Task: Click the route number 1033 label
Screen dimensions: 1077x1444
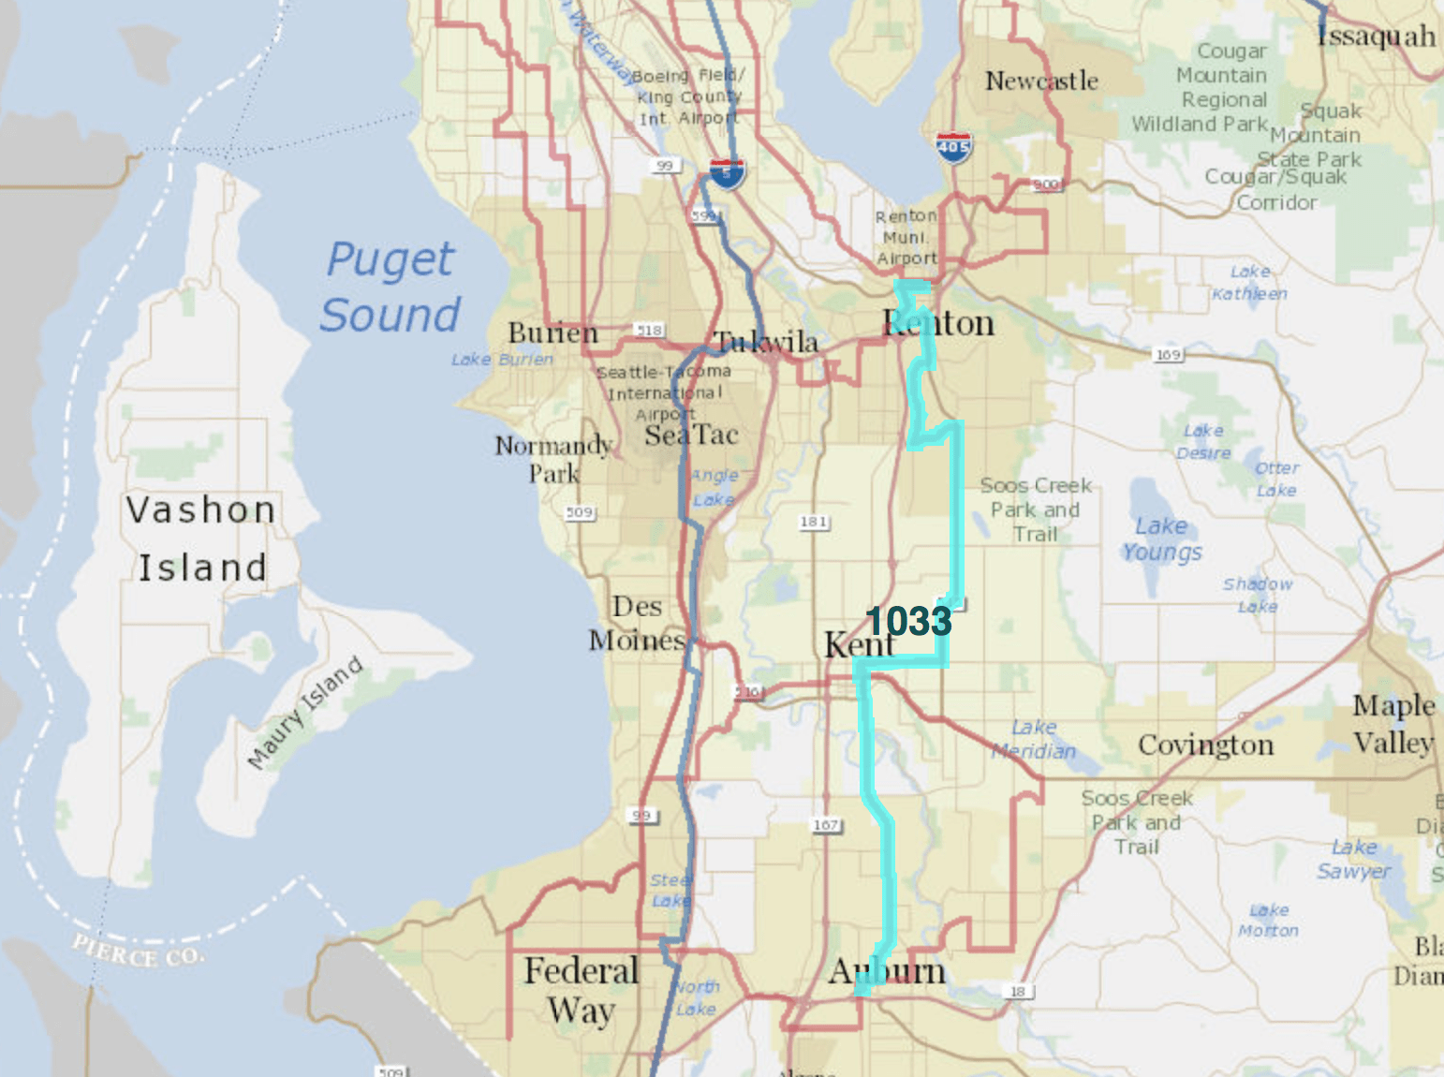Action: click(908, 621)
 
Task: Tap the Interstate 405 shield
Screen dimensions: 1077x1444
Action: click(953, 147)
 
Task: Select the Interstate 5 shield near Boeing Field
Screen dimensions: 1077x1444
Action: click(726, 172)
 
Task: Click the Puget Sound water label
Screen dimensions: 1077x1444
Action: click(390, 287)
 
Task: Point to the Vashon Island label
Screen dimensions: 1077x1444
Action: click(201, 538)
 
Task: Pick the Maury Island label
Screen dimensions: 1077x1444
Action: click(305, 713)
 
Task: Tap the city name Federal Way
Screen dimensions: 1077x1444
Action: click(581, 990)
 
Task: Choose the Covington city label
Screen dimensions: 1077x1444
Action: click(1205, 745)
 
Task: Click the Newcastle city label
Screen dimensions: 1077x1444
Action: click(1041, 81)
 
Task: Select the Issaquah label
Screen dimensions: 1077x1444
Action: click(1376, 37)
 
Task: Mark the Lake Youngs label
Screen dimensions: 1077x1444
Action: click(1161, 539)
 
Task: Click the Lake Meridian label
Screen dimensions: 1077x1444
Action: click(1034, 739)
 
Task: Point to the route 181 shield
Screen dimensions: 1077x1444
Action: click(814, 522)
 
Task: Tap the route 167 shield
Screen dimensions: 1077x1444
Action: click(826, 825)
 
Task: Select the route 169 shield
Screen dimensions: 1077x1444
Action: click(1168, 354)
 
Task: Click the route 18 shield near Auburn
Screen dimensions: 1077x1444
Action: click(1018, 991)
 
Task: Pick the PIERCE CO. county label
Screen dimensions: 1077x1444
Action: click(138, 950)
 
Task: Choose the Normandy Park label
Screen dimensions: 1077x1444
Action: click(553, 459)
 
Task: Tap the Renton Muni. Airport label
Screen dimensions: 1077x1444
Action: click(906, 237)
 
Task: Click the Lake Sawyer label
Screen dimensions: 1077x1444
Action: click(1354, 859)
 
